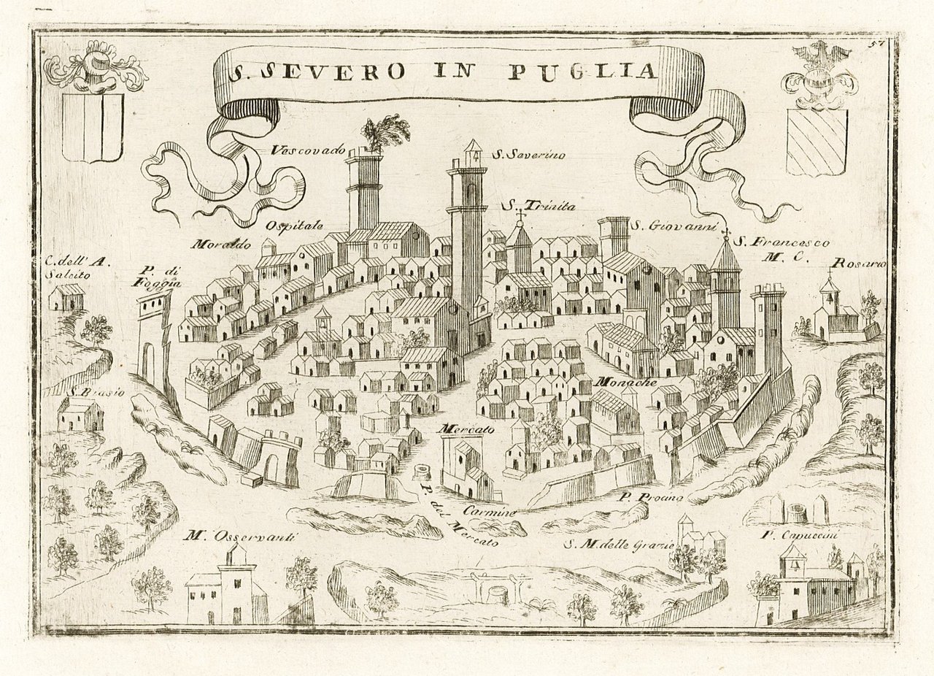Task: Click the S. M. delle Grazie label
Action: (617, 543)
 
